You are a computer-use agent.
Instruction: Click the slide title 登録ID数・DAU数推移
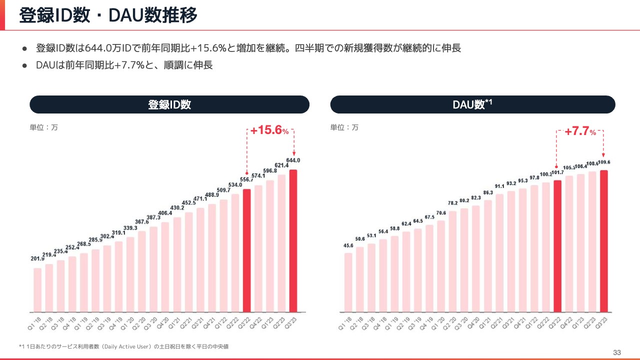108,15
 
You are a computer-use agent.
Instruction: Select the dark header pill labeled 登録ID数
169,104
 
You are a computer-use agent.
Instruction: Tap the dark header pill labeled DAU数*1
472,104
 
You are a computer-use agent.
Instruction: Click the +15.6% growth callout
269,131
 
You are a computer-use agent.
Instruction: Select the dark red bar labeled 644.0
293,240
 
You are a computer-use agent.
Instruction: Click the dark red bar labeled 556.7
246,250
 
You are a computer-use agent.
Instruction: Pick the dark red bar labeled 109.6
604,240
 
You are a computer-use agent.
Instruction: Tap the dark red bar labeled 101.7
557,245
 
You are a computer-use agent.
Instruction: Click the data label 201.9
37,258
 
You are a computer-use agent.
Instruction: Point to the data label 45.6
348,245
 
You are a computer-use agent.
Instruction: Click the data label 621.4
281,165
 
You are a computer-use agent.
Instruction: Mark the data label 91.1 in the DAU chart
500,186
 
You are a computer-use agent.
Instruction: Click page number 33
617,353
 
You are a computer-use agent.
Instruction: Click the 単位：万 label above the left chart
44,127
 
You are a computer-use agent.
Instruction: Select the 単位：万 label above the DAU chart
344,127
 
